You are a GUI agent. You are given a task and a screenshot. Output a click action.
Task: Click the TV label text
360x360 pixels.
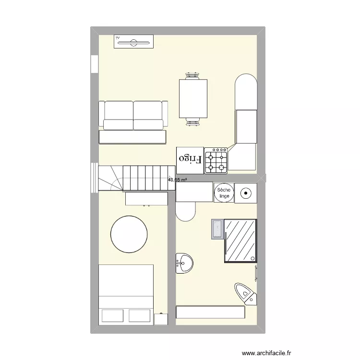117,37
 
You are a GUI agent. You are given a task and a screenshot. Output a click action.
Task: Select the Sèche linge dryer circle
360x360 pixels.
224,192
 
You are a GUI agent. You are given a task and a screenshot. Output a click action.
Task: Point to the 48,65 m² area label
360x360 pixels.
177,180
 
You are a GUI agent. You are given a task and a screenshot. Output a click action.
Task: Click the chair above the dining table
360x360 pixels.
193,75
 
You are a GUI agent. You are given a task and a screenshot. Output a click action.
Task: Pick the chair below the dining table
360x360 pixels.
193,122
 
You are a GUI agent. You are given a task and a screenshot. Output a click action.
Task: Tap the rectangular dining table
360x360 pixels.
193,99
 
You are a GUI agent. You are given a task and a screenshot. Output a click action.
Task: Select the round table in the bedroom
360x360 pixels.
129,234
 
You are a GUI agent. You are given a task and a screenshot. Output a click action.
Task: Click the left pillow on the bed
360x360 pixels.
113,315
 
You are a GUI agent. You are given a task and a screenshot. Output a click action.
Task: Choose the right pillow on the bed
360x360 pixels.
140,315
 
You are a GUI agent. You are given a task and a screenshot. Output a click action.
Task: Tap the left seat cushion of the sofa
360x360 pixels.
118,115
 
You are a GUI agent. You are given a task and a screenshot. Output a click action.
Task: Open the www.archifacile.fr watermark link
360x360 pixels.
267,353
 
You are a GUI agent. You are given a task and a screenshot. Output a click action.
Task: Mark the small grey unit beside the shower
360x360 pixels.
217,229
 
